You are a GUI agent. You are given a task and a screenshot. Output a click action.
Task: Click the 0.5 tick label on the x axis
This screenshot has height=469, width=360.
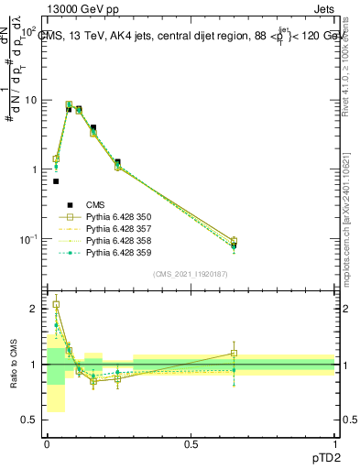click(x=191, y=444)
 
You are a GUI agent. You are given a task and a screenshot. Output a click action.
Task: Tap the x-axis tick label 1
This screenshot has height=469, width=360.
click(x=335, y=444)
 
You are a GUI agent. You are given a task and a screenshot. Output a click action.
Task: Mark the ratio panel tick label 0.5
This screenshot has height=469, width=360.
click(x=29, y=420)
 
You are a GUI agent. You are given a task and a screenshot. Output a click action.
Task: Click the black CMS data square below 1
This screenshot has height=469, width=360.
click(x=56, y=181)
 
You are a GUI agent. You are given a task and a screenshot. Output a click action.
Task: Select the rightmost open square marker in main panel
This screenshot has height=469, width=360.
click(x=234, y=241)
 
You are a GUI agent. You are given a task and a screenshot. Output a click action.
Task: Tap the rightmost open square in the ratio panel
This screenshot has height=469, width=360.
click(x=234, y=353)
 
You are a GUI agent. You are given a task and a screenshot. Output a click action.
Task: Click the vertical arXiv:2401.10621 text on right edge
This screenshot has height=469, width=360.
click(x=351, y=211)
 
